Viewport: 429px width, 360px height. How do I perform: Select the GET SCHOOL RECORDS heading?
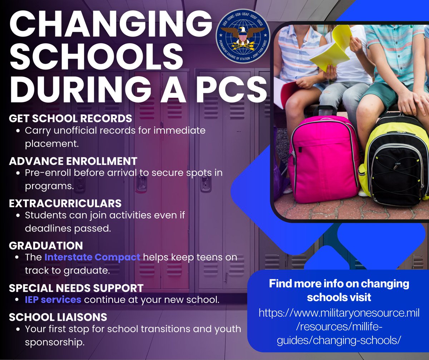[70, 118]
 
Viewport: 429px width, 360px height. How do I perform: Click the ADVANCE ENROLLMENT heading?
[73, 161]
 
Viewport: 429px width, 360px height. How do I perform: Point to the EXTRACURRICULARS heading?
[65, 203]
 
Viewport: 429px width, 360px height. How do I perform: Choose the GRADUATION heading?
[46, 245]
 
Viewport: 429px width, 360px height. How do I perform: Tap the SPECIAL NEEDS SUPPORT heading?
[76, 288]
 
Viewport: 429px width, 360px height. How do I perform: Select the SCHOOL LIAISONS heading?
[58, 317]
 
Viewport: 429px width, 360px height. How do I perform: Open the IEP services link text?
[53, 300]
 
